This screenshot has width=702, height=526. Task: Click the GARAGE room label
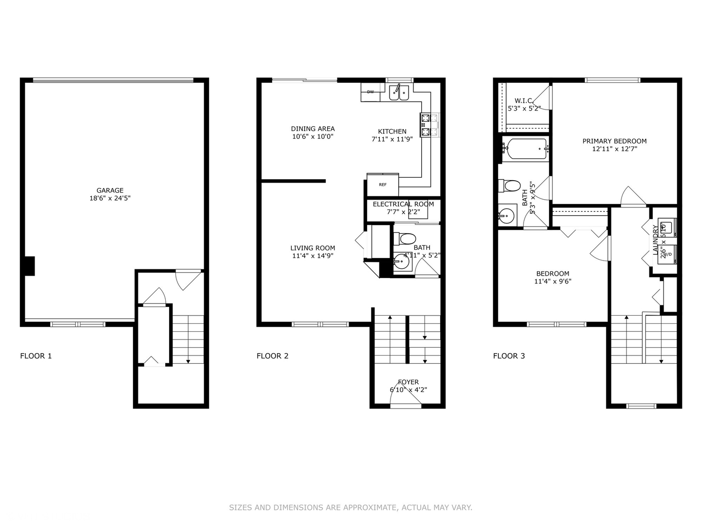110,190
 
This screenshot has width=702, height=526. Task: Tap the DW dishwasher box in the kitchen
370,92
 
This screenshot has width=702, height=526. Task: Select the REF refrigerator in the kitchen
383,185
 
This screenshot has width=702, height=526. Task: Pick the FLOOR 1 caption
36,356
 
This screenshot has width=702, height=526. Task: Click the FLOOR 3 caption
509,356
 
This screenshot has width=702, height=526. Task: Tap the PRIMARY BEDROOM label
614,141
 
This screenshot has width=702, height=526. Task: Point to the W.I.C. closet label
524,101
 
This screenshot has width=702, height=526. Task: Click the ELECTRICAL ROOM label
403,204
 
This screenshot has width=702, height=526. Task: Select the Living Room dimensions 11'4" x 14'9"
312,256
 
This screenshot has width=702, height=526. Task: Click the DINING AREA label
312,129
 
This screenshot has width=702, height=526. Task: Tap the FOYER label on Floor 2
408,382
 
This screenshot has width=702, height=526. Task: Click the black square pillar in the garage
29,266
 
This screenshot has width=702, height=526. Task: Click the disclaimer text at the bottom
351,507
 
